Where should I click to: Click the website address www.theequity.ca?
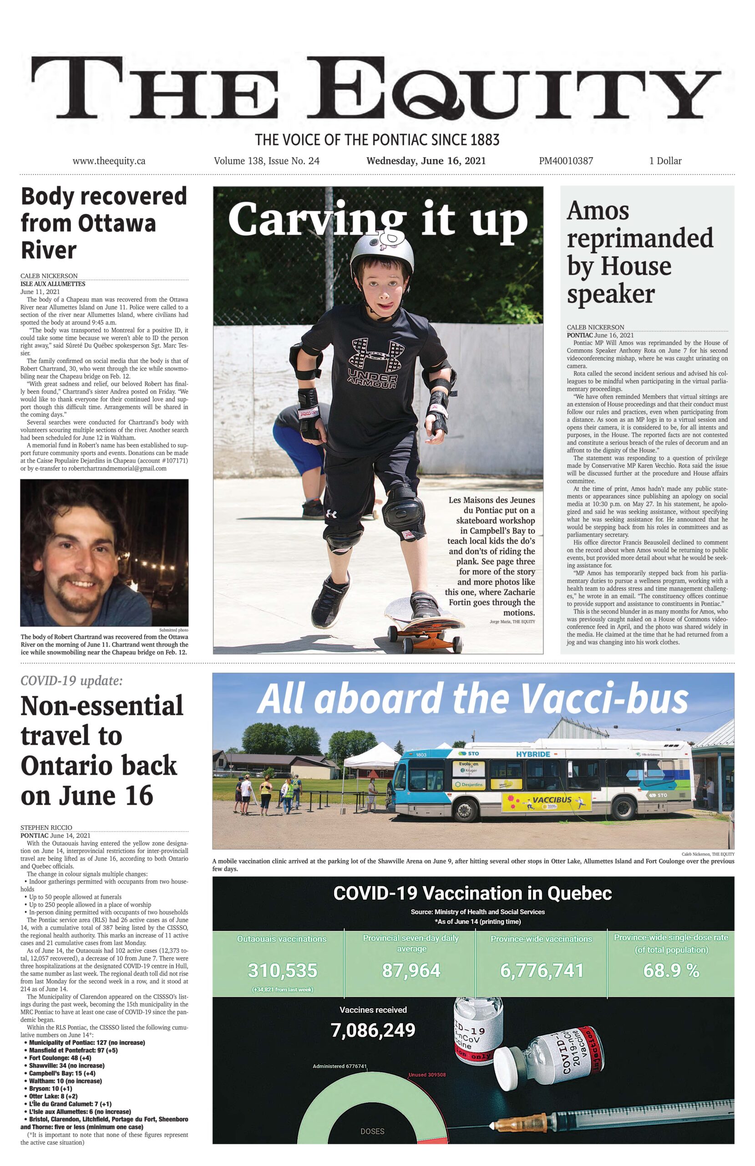click(x=109, y=161)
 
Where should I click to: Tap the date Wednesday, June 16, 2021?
click(x=426, y=161)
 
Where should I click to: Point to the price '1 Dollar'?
click(x=665, y=161)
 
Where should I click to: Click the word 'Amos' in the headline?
click(x=598, y=211)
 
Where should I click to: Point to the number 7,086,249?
click(x=373, y=1030)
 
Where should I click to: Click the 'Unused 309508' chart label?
click(x=427, y=1074)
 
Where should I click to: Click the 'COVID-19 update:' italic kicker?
click(x=71, y=680)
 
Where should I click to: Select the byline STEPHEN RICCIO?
click(x=46, y=828)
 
